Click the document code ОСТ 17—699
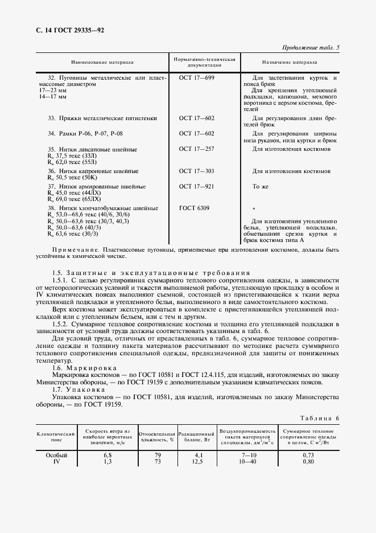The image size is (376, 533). (x=197, y=77)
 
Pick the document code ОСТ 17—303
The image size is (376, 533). (x=197, y=171)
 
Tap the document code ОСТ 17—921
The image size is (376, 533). (x=197, y=186)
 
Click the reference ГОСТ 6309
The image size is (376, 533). (x=195, y=208)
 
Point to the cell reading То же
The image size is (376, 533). (x=260, y=186)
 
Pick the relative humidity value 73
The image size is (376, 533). (x=158, y=461)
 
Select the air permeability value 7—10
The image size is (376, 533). (x=249, y=455)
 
